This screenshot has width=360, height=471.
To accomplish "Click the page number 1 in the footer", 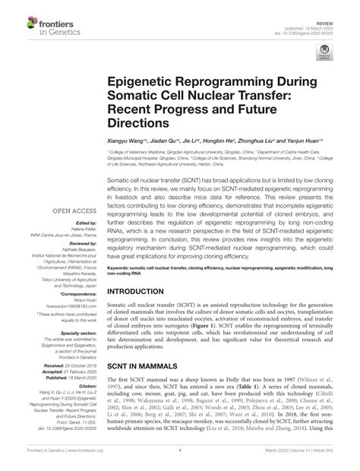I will [x=180, y=461].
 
